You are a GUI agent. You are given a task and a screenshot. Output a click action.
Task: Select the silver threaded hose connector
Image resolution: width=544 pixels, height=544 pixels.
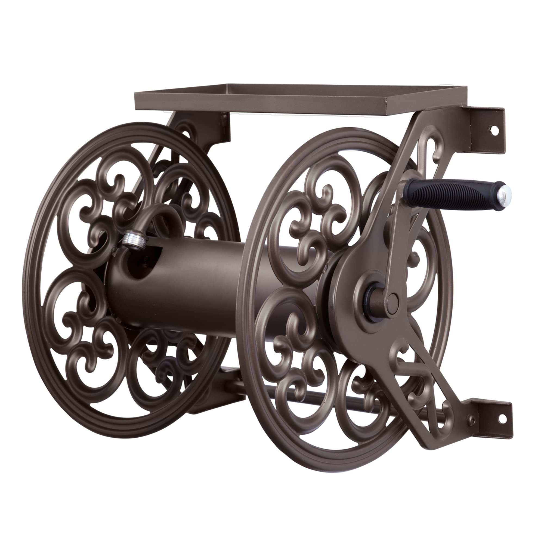tap(135, 240)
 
